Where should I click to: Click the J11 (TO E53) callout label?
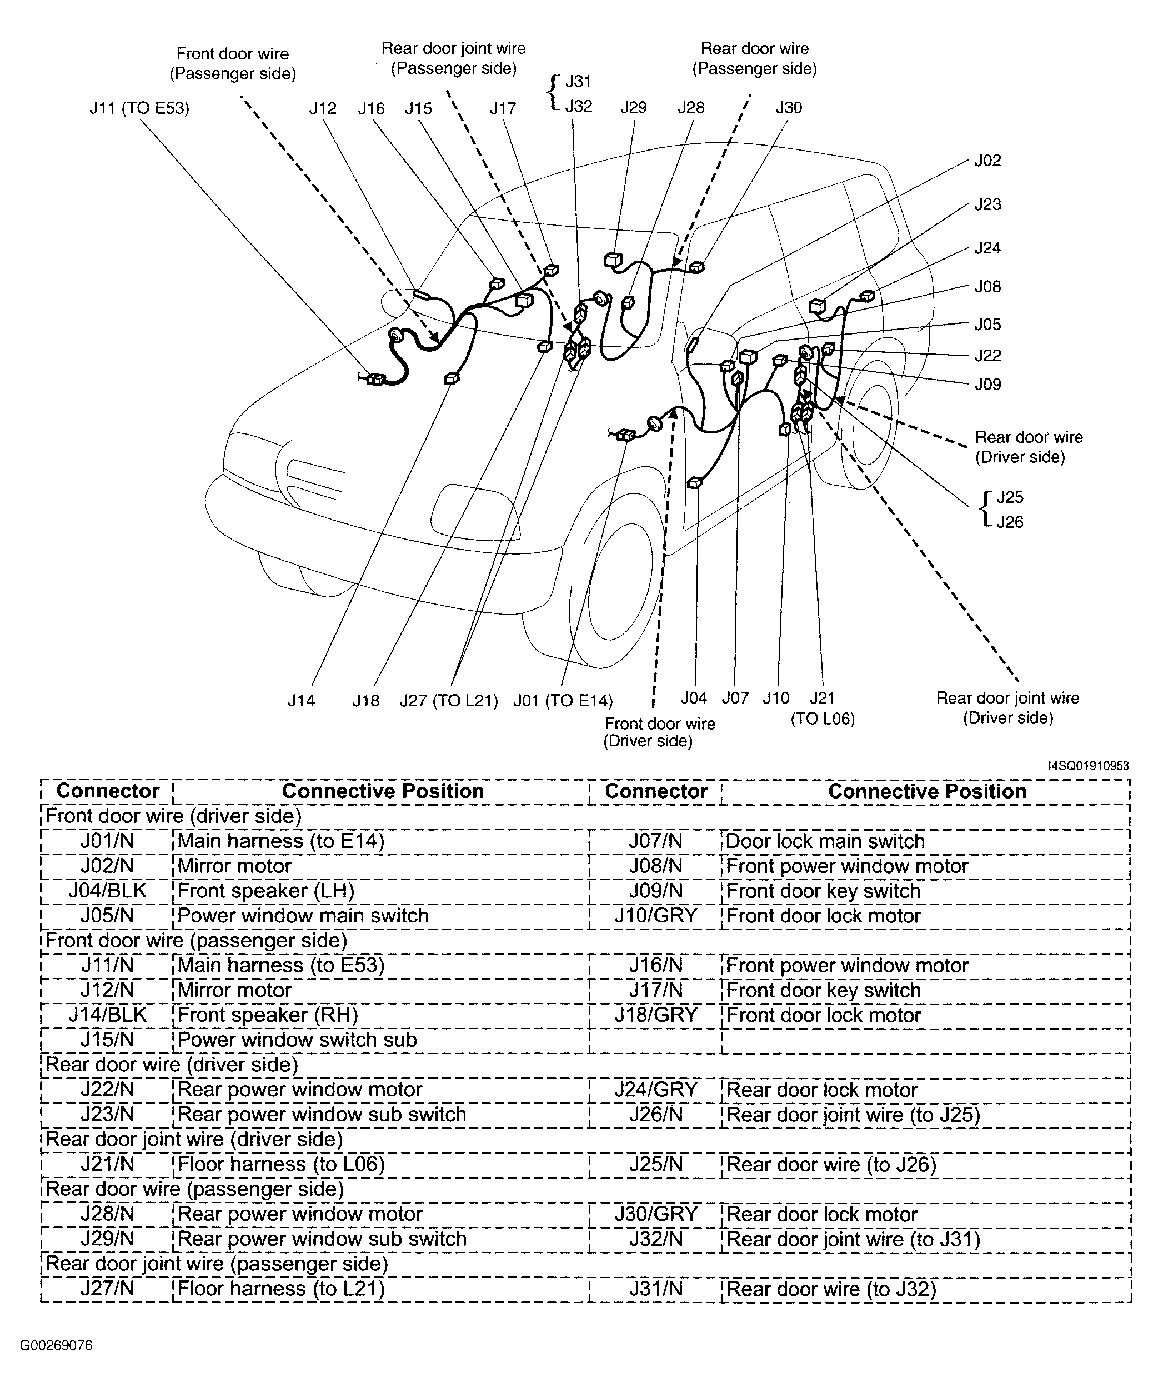click(x=139, y=108)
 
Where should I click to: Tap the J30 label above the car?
click(x=789, y=107)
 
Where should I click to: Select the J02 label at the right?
click(x=987, y=161)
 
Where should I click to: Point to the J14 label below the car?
click(x=301, y=701)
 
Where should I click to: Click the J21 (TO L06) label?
click(x=823, y=708)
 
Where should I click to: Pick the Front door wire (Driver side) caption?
click(x=659, y=732)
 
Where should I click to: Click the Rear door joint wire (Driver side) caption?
click(x=1007, y=707)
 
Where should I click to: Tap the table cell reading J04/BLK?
click(x=107, y=891)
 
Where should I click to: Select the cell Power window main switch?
click(x=303, y=915)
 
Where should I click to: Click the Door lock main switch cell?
click(x=825, y=841)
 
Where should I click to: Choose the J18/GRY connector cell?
click(x=655, y=1015)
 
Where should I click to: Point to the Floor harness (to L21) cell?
click(x=281, y=1289)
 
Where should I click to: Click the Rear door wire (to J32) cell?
click(x=831, y=1289)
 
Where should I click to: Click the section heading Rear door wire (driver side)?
click(x=172, y=1065)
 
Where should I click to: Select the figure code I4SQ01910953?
click(x=1088, y=766)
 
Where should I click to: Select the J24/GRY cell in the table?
click(x=655, y=1090)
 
